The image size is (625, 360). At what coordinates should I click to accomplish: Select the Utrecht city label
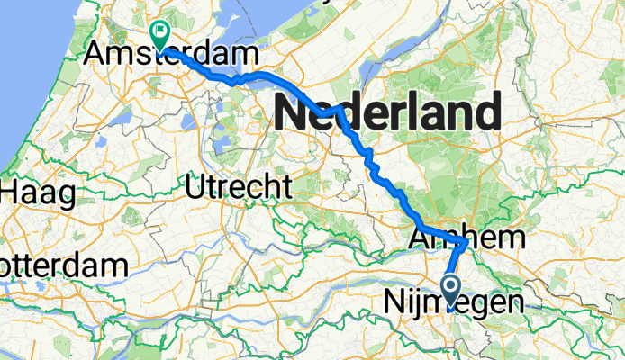pos(238,188)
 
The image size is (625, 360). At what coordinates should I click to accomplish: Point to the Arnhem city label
pos(467,238)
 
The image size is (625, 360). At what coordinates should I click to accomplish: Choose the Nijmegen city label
pos(454,302)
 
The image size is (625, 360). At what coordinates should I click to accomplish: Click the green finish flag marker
pos(160,34)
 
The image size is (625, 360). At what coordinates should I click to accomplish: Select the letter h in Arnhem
pos(456,238)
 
